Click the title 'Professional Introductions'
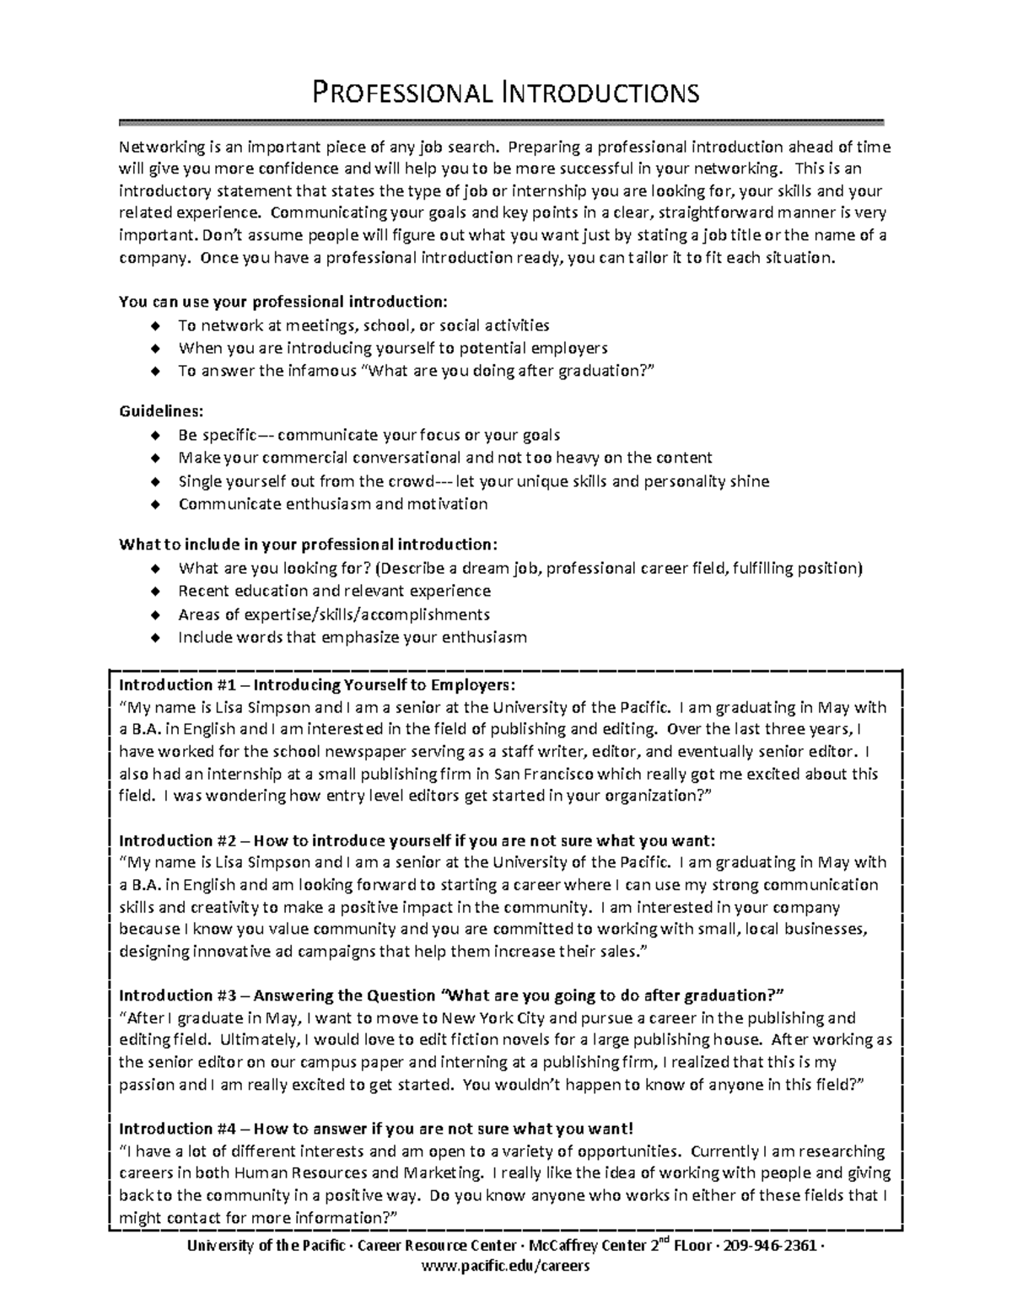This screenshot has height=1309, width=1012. click(x=506, y=91)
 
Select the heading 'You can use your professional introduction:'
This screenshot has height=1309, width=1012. click(x=283, y=302)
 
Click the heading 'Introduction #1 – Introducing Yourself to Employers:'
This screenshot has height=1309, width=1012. click(x=316, y=684)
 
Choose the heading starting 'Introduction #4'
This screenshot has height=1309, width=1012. click(x=375, y=1129)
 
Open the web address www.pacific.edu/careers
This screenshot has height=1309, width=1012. click(x=506, y=1266)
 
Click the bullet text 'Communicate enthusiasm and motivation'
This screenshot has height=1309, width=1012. click(x=333, y=504)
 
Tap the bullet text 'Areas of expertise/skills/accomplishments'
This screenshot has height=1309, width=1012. click(x=334, y=614)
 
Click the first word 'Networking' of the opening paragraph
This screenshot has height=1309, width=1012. click(x=157, y=148)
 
